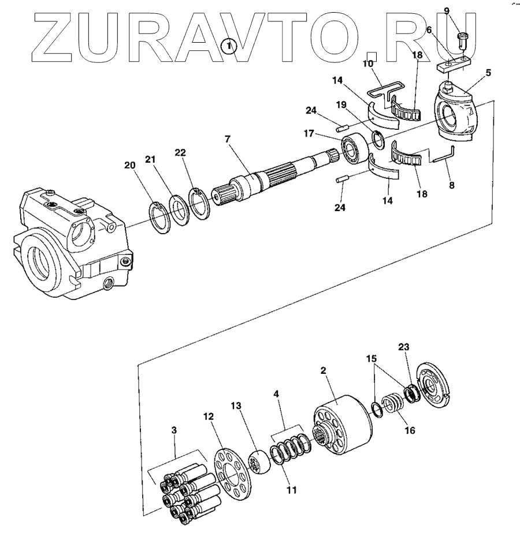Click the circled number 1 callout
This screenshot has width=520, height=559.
(x=230, y=45)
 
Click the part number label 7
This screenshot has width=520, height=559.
(x=228, y=139)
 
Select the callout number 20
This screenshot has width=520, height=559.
(x=131, y=165)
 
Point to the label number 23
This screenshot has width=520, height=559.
(x=404, y=347)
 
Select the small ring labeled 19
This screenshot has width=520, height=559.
(x=377, y=139)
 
